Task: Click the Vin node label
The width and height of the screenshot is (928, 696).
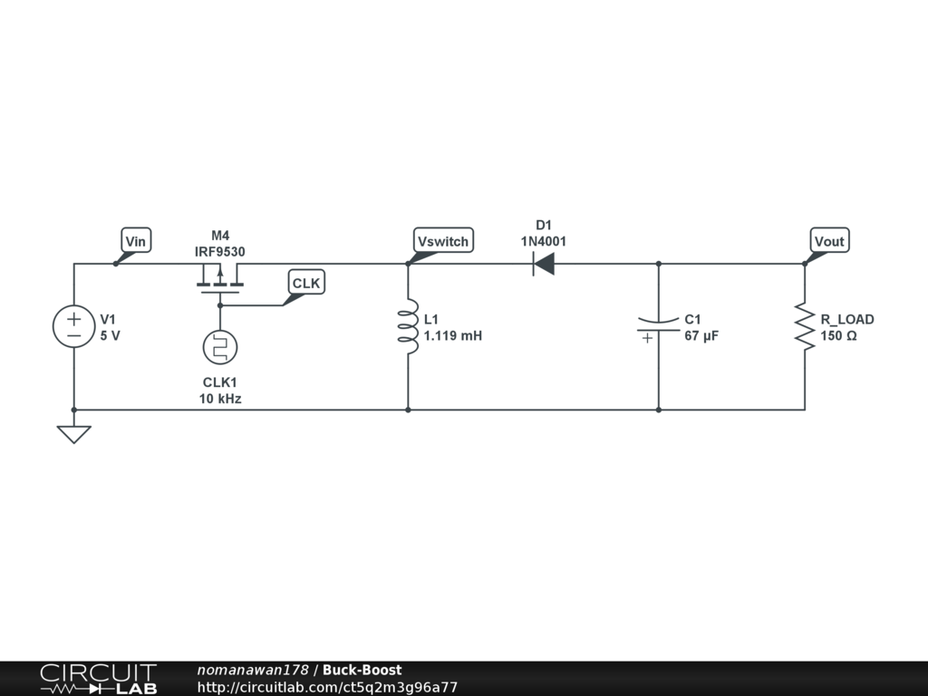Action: pyautogui.click(x=136, y=240)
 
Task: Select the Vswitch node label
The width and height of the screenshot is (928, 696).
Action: pyautogui.click(x=443, y=240)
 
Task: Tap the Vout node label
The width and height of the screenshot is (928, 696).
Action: pyautogui.click(x=829, y=240)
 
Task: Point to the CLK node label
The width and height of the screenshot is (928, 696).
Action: pyautogui.click(x=306, y=283)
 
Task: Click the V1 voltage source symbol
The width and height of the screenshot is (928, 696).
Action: pyautogui.click(x=73, y=327)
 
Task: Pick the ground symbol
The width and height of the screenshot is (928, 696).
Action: pyautogui.click(x=73, y=433)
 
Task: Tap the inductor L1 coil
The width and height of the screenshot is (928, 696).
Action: pyautogui.click(x=408, y=327)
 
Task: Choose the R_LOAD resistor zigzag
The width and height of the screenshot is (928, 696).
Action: pyautogui.click(x=804, y=327)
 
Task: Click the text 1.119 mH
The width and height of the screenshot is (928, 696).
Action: pyautogui.click(x=453, y=336)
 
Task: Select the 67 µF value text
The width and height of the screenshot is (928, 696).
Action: pyautogui.click(x=701, y=336)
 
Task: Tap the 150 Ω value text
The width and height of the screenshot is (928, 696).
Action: pyautogui.click(x=838, y=336)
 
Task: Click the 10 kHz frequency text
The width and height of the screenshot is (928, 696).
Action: pyautogui.click(x=220, y=399)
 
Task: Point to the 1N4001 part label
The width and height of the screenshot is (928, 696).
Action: pyautogui.click(x=543, y=241)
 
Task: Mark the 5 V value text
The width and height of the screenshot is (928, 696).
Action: pyautogui.click(x=110, y=336)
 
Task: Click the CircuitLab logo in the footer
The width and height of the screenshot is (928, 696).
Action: pyautogui.click(x=98, y=678)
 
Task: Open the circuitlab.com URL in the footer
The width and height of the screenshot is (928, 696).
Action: pyautogui.click(x=327, y=687)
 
